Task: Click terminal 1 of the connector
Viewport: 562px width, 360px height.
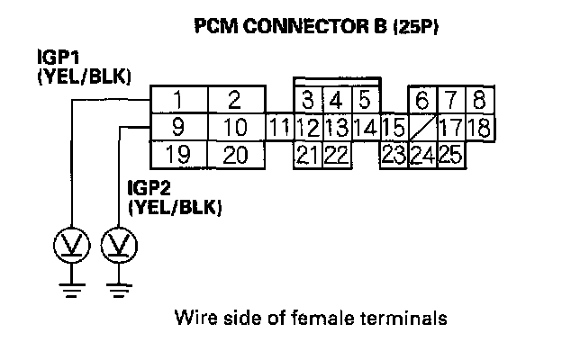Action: (179, 99)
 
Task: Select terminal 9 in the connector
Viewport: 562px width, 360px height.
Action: (179, 127)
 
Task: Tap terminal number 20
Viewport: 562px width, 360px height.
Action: (236, 155)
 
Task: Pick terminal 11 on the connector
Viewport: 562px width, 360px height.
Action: (280, 127)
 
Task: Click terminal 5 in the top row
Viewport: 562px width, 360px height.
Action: (365, 98)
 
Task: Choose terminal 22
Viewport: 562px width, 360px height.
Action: (336, 155)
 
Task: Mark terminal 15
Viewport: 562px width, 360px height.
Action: (392, 127)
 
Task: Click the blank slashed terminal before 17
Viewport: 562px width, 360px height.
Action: (421, 127)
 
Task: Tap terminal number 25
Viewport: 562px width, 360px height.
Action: (450, 155)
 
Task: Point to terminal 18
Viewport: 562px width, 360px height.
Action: (478, 127)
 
